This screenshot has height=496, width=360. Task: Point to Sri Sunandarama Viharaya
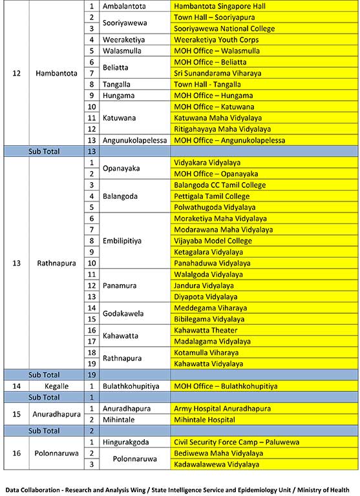pos(218,73)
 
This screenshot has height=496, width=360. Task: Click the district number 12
pos(17,73)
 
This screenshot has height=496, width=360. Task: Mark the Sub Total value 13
pos(92,151)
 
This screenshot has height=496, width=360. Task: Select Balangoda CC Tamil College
pos(220,185)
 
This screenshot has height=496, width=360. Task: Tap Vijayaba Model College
pos(213,241)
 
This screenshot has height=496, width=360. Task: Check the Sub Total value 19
pos(92,375)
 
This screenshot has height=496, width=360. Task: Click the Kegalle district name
pos(52,386)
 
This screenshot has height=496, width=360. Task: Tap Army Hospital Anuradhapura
pos(221,409)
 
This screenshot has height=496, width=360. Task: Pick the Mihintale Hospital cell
pos(204,420)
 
